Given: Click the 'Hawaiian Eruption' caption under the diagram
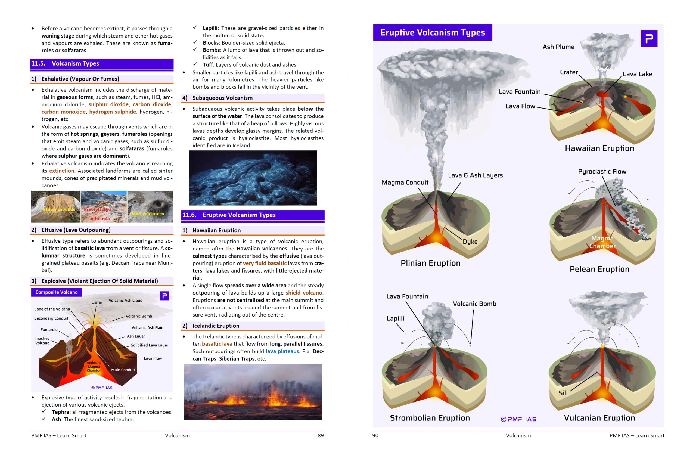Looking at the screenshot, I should tap(599, 148).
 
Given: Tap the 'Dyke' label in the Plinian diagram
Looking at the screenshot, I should tap(470, 242).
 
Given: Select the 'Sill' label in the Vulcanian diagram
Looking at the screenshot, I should tap(563, 393).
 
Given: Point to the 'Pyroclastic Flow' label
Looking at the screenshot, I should tap(602, 171).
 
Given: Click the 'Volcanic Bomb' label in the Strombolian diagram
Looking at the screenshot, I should tap(474, 304).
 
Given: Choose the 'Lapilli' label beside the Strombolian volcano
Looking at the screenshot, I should tap(395, 318).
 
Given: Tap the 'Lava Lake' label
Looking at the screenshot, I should tap(637, 74).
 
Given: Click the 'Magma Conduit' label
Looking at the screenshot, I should tap(405, 182).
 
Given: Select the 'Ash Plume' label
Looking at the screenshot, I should tap(558, 47).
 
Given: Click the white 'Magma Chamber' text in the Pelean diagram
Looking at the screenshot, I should tap(602, 242).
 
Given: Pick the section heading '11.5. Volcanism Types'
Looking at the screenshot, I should tap(75, 63).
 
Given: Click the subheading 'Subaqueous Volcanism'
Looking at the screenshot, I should tap(222, 98).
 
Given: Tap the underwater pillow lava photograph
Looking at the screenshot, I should tap(253, 178).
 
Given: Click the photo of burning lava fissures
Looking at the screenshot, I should tap(253, 392).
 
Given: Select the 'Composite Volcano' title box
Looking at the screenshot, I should tap(57, 292).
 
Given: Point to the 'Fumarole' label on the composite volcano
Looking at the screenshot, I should tap(49, 330).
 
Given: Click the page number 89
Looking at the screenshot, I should tap(321, 436).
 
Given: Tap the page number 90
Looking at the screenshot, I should tap(375, 436).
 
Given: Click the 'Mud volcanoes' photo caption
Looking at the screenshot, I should tap(148, 214).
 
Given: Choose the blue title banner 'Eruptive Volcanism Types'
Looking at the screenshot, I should tap(432, 32).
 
